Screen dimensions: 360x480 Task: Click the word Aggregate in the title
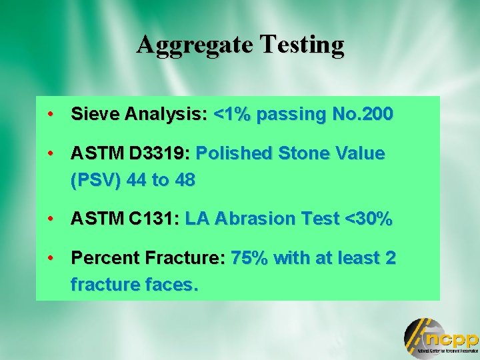click(193, 45)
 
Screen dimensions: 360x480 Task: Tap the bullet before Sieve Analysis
click(51, 114)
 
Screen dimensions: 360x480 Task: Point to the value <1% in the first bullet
click(232, 115)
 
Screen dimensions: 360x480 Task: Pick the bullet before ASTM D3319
click(51, 153)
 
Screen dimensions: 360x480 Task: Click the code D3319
click(160, 154)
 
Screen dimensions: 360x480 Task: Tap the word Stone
click(299, 154)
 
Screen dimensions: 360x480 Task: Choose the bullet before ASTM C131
click(51, 219)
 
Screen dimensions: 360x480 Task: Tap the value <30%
click(367, 219)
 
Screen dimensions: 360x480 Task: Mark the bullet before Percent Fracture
click(51, 257)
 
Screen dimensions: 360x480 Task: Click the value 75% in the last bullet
click(249, 258)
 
